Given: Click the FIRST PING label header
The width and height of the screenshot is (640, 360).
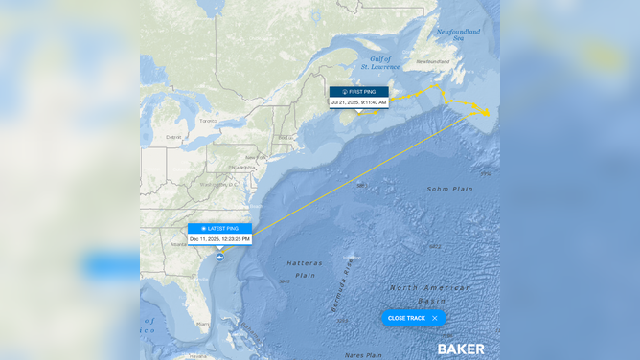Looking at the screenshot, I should point(359,92).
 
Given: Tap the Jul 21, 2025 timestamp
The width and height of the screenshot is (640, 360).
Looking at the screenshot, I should point(359,102).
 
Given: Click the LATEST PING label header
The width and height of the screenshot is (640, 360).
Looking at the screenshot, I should point(219,229).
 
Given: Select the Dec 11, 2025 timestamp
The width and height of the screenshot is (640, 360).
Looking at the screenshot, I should point(219,239).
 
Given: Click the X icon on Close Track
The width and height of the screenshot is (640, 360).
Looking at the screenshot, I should point(435,318).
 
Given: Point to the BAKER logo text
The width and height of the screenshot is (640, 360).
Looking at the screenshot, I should point(461,349).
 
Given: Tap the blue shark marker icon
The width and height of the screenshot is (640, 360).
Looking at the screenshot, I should point(220,257).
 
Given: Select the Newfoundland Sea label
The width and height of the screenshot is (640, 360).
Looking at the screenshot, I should point(458,34).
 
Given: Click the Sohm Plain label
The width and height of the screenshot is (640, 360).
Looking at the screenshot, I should point(449,189).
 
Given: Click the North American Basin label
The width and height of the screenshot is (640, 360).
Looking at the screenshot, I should point(430,293).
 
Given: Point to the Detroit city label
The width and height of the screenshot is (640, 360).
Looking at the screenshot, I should point(172,137).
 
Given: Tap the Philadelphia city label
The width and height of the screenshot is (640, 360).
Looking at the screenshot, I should point(242,167).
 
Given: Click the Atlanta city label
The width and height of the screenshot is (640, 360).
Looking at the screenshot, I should point(178,244).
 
